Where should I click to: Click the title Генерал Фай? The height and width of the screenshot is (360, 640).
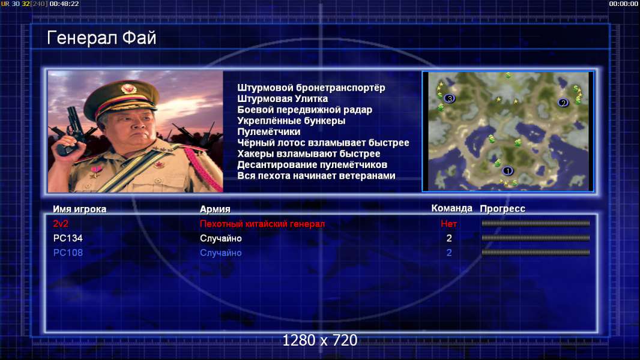click(101, 38)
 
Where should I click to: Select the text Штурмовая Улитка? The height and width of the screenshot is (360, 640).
click(282, 98)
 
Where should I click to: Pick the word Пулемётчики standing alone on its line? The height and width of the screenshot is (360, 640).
click(268, 131)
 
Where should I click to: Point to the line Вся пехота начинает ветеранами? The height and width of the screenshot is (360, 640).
click(316, 176)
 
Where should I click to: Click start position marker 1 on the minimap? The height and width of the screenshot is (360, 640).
click(507, 171)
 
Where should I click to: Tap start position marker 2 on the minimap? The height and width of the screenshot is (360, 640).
click(563, 103)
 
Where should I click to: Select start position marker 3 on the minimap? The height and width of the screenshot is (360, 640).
click(450, 98)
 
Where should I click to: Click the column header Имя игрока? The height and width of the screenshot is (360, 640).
click(80, 209)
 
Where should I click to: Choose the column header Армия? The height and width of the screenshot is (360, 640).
click(215, 209)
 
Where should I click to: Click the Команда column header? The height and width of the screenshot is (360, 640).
click(452, 208)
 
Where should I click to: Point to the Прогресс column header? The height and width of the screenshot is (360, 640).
click(503, 209)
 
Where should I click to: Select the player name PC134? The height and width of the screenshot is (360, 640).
click(68, 238)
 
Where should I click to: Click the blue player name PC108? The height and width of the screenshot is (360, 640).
click(68, 253)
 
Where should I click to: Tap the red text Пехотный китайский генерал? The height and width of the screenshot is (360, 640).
click(262, 224)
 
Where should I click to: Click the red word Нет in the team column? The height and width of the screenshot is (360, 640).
click(448, 224)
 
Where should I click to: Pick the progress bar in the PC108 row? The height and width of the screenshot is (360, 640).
click(536, 253)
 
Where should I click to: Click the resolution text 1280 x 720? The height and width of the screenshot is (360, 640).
click(320, 340)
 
